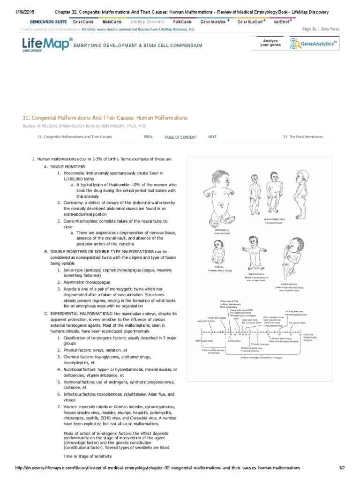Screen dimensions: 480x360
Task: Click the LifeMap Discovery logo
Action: [x=47, y=45]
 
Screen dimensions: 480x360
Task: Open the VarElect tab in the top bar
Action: [x=281, y=22]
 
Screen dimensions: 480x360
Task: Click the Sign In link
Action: [x=309, y=29]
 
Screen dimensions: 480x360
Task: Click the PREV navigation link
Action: [x=148, y=137]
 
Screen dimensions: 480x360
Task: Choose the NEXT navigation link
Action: [x=212, y=137]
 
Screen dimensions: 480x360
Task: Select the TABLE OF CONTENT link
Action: [x=180, y=137]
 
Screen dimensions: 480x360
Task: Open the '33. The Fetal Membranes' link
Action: [x=303, y=137]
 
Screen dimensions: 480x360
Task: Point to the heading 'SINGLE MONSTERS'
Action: [x=68, y=167]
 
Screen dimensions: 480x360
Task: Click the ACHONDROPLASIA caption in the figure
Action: [x=275, y=218]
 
